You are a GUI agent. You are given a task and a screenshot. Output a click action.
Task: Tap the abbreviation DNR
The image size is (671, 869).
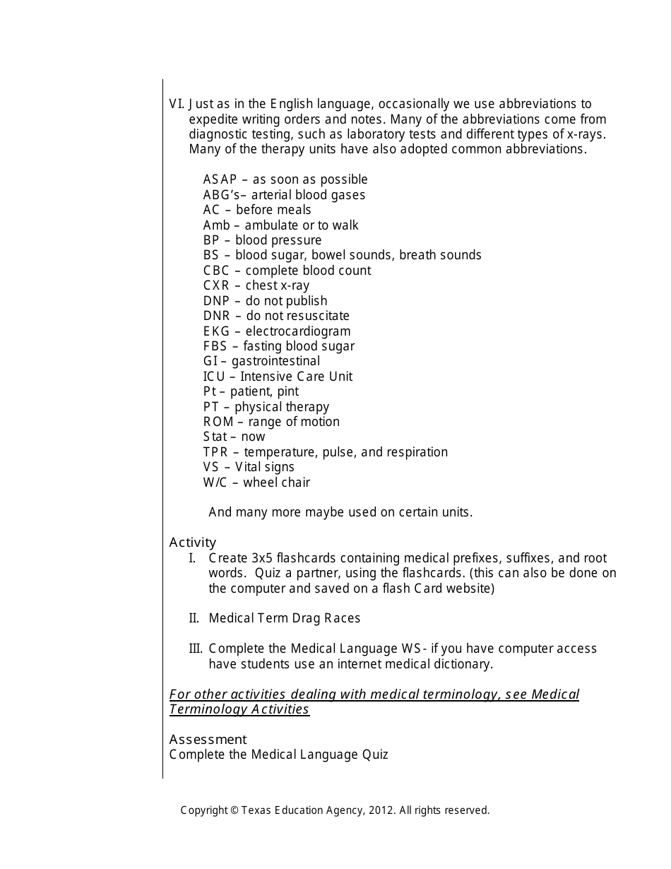pos(216,316)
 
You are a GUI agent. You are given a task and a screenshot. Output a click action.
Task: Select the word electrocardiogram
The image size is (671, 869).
pos(297,331)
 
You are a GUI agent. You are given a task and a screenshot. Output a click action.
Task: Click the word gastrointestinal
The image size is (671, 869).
pos(275,362)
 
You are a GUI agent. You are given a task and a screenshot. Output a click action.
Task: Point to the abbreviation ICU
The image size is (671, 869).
pos(215,377)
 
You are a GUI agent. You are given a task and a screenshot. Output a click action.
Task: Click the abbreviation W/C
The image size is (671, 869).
pos(215,483)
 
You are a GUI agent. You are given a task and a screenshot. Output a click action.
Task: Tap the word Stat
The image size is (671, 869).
pos(215,437)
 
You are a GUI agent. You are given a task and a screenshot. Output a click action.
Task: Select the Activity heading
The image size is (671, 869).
pos(193,543)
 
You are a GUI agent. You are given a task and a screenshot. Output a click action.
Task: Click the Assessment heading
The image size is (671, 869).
pos(208,740)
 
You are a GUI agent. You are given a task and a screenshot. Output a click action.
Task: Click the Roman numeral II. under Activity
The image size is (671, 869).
pos(194,618)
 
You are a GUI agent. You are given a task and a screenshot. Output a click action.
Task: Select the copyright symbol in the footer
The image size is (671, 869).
pos(234,810)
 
